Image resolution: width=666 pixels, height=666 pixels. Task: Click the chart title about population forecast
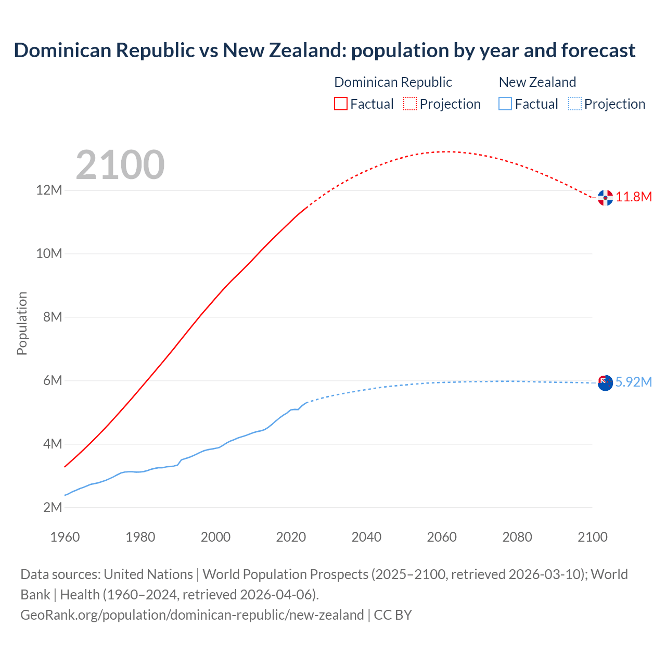click(325, 50)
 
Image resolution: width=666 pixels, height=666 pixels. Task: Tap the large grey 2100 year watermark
click(120, 165)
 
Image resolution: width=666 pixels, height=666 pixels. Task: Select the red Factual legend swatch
click(341, 104)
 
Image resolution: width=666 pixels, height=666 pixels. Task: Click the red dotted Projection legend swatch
click(410, 104)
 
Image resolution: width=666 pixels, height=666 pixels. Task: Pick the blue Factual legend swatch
click(505, 104)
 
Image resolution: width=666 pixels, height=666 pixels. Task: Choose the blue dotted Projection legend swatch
click(574, 104)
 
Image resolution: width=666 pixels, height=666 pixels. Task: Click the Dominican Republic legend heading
click(393, 82)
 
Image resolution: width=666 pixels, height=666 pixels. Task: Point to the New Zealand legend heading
click(537, 82)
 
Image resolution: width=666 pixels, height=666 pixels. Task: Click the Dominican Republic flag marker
click(605, 198)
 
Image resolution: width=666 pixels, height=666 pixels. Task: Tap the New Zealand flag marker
click(605, 383)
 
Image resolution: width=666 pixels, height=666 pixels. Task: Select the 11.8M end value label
click(634, 197)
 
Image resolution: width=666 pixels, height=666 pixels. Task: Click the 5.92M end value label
click(634, 382)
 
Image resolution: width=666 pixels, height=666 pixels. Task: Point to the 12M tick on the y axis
click(49, 190)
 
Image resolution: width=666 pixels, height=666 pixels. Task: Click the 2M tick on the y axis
click(53, 507)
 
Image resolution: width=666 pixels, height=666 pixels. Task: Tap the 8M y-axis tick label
click(53, 317)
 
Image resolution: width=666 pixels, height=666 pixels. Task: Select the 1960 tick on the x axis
click(65, 537)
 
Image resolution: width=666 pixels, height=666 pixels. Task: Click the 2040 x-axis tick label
click(366, 537)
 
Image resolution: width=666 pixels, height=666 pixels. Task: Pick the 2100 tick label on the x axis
click(592, 537)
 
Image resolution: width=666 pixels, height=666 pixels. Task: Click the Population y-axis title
click(22, 323)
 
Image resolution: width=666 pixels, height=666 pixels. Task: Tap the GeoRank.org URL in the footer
click(192, 615)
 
